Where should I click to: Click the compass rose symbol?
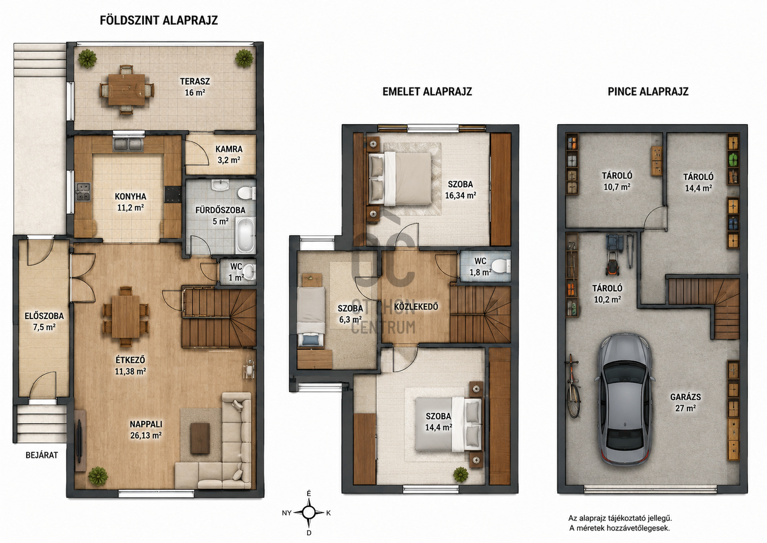(x=309, y=513)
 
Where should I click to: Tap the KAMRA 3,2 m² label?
(x=229, y=154)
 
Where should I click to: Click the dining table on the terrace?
(x=127, y=90)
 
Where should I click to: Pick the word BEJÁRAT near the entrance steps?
(x=42, y=455)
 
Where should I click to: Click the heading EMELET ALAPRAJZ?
(x=427, y=92)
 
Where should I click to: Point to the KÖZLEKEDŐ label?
(x=416, y=306)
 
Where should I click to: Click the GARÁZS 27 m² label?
(x=686, y=402)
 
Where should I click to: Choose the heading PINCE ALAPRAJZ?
(x=648, y=92)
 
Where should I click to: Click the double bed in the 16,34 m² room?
(x=400, y=179)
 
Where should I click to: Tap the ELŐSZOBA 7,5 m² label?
(x=44, y=321)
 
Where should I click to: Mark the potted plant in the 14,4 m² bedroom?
(x=461, y=475)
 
